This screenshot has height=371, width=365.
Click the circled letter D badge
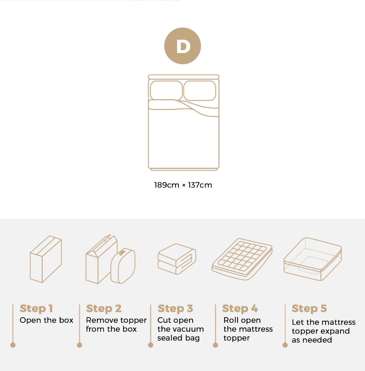pyautogui.click(x=182, y=46)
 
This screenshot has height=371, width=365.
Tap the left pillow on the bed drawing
pyautogui.click(x=166, y=91)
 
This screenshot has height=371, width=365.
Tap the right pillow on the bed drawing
pyautogui.click(x=199, y=91)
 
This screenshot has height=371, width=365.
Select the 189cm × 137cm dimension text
pyautogui.click(x=183, y=185)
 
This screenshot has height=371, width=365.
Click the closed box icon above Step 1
pyautogui.click(x=46, y=259)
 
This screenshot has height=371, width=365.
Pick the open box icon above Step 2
pyautogui.click(x=110, y=260)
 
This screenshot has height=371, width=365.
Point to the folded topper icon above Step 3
pyautogui.click(x=177, y=259)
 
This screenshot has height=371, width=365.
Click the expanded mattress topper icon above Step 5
pyautogui.click(x=312, y=259)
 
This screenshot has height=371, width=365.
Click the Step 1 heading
pyautogui.click(x=36, y=308)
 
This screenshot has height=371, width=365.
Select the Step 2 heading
pyautogui.click(x=104, y=308)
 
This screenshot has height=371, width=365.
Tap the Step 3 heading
pyautogui.click(x=175, y=308)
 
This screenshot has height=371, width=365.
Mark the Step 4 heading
pyautogui.click(x=240, y=308)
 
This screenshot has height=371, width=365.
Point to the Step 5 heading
pyautogui.click(x=309, y=308)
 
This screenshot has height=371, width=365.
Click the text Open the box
pyautogui.click(x=46, y=320)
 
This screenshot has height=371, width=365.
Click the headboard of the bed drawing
pyautogui.click(x=183, y=77)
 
